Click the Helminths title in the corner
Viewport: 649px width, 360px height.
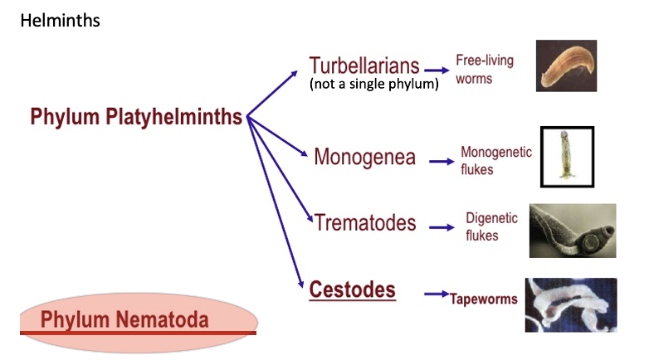coord(60,20)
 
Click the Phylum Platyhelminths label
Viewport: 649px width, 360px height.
coord(136,117)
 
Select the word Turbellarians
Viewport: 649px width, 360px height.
coord(364,66)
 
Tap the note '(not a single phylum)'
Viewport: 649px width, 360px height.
coord(373,84)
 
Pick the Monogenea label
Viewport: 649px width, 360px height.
coord(364,157)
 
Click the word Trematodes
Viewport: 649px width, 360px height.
coord(365,223)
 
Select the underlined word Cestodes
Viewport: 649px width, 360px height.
coord(353,290)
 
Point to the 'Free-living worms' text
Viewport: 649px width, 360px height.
coord(485,70)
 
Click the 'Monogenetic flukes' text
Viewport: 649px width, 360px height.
coord(496,161)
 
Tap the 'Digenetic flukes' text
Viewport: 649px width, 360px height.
coord(491,226)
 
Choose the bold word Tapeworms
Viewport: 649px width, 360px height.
coord(484,299)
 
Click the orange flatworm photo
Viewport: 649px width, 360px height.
coord(566,66)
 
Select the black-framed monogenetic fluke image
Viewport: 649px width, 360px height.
coord(567,157)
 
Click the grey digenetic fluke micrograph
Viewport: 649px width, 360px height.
coord(573,231)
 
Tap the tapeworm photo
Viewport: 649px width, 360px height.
coord(570,304)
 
